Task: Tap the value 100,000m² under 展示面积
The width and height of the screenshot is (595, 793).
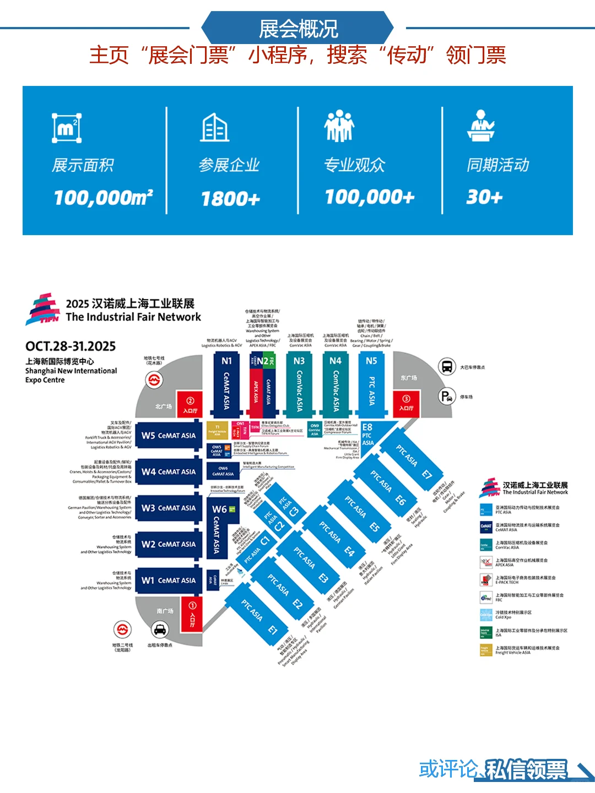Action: coord(103,197)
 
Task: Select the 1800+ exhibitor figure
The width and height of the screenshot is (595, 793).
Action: coord(230,198)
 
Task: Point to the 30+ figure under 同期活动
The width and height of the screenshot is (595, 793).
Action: coord(484,197)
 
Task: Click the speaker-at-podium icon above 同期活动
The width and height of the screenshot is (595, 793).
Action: coord(481,126)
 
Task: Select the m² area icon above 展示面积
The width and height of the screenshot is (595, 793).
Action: coord(67,128)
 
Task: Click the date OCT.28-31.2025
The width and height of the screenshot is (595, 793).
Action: coord(71,346)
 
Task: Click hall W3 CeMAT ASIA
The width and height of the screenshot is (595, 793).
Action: coord(168,508)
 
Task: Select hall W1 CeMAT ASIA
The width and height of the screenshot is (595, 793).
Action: coord(168,580)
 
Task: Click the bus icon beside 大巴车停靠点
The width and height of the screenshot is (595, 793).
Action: coord(447,366)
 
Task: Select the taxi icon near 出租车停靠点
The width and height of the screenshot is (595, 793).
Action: coord(160,629)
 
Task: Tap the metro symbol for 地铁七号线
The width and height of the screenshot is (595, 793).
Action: coord(154,379)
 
